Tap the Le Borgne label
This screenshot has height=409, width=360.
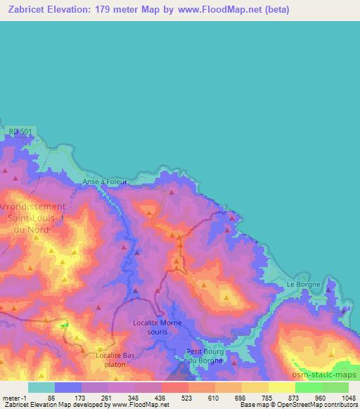click(x=304, y=284)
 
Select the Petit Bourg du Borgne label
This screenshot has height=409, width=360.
click(x=205, y=355)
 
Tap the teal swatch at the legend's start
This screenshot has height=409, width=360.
click(x=41, y=387)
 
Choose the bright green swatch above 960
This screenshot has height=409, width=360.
click(x=307, y=387)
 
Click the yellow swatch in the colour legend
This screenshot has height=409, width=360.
click(x=281, y=387)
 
